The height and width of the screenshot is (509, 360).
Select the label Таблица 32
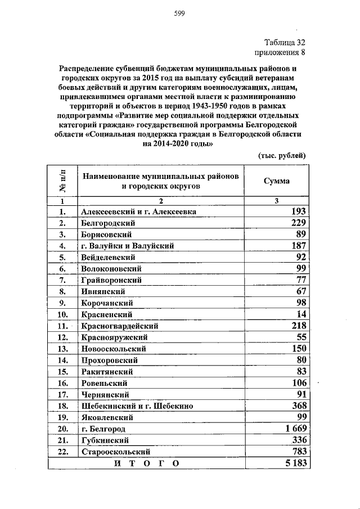[x=285, y=43]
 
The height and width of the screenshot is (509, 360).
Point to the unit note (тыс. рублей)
[x=282, y=155]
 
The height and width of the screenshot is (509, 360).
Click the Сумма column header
[x=277, y=181]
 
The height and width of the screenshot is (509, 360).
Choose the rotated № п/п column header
[x=62, y=181]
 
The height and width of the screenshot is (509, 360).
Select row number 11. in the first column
[x=63, y=326]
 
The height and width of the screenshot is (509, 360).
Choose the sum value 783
[x=297, y=452]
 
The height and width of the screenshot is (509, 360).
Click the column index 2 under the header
[x=160, y=201]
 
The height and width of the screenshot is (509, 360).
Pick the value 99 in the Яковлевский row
[x=300, y=417]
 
